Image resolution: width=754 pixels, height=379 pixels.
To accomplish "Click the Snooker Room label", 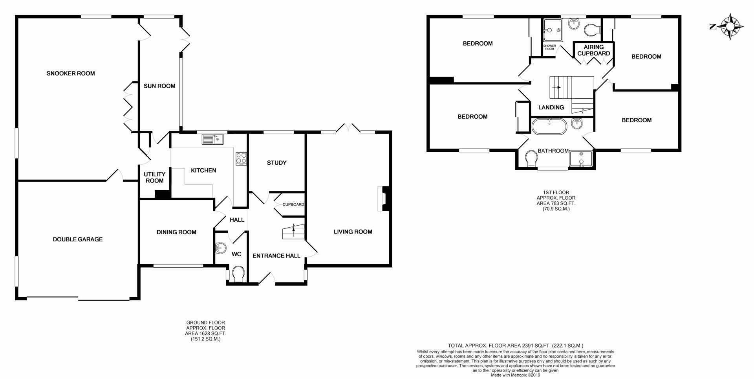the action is [x=71, y=74].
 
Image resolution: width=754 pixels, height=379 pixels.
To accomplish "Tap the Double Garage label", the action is [x=78, y=239].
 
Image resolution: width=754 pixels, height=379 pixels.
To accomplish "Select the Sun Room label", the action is [x=159, y=86].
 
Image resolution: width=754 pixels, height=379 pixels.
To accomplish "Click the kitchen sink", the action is [x=212, y=139].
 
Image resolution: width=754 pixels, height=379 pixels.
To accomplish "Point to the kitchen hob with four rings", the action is [x=241, y=158].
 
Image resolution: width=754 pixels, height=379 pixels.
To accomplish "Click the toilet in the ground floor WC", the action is [x=238, y=274].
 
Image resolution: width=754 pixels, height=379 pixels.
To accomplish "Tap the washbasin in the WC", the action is [x=221, y=248].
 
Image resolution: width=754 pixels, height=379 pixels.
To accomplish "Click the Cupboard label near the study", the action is [x=293, y=204].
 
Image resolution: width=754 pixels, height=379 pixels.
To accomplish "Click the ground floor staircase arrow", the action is [x=293, y=230].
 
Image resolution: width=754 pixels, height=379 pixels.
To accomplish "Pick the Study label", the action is [x=277, y=163].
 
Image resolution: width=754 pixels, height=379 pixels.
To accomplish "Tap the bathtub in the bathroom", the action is [x=549, y=127].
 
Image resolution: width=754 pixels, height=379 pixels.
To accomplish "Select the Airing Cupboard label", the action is [x=594, y=50].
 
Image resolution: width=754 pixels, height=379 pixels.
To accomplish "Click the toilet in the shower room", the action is [x=591, y=29].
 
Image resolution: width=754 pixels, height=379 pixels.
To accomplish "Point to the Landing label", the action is [x=551, y=107].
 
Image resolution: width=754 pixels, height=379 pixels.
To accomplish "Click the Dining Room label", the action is [x=176, y=232].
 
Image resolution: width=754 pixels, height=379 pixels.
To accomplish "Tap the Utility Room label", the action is [x=154, y=178].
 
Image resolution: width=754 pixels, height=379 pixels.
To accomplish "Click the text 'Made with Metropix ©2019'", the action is [x=516, y=375].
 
